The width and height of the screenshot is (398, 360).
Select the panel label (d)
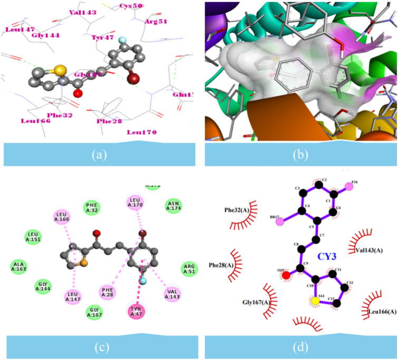(x=298, y=347)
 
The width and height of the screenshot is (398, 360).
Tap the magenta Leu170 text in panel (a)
(x=142, y=132)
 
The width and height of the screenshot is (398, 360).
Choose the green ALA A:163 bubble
(x=20, y=267)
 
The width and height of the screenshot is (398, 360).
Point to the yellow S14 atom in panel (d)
(x=315, y=300)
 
